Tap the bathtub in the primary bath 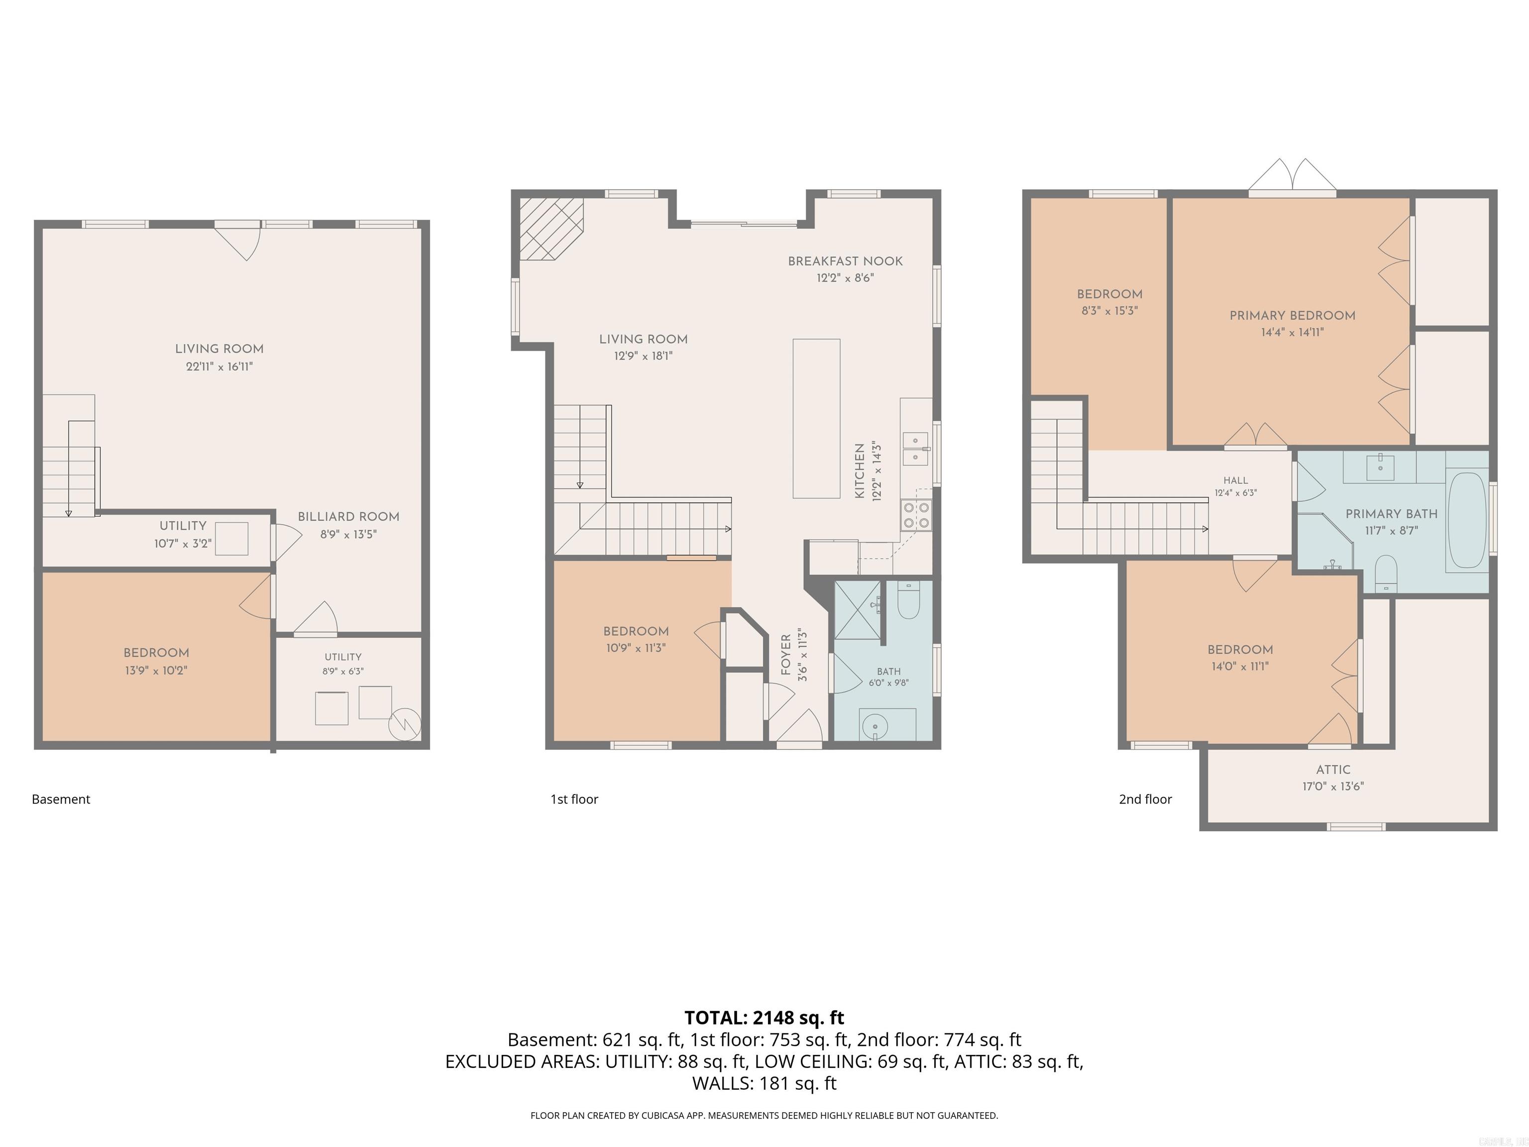pyautogui.click(x=1466, y=521)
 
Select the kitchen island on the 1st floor pyautogui.click(x=816, y=418)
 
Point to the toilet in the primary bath pyautogui.click(x=1386, y=573)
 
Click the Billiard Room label pyautogui.click(x=348, y=516)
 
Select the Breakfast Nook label pyautogui.click(x=845, y=261)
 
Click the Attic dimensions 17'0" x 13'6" pyautogui.click(x=1333, y=786)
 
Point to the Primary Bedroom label pyautogui.click(x=1292, y=315)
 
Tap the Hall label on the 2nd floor pyautogui.click(x=1235, y=480)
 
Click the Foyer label pyautogui.click(x=786, y=655)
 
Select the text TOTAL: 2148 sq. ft pyautogui.click(x=764, y=1018)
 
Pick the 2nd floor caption pyautogui.click(x=1145, y=799)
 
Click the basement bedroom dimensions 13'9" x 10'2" pyautogui.click(x=156, y=670)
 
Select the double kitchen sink pyautogui.click(x=915, y=449)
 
